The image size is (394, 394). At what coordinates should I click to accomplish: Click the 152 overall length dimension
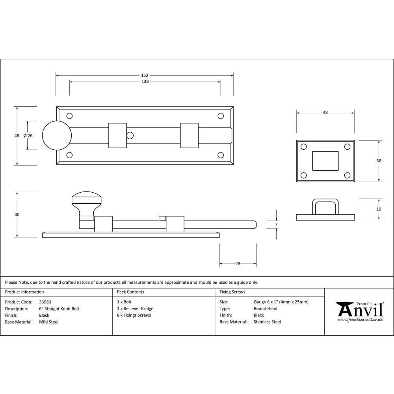145,75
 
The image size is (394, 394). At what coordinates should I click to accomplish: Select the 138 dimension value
145,82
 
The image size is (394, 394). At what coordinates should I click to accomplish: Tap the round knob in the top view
57,136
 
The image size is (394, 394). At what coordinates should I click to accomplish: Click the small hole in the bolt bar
130,136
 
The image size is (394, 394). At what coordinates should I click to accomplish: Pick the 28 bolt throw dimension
238,264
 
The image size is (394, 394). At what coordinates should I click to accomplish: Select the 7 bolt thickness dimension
276,224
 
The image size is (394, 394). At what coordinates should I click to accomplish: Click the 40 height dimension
17,215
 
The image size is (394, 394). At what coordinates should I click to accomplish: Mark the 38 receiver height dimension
379,161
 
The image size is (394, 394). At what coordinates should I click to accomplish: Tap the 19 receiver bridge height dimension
379,209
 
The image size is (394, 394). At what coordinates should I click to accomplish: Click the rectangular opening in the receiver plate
325,161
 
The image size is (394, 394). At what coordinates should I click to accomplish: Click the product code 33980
45,302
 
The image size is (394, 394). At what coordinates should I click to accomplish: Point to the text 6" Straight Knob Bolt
59,309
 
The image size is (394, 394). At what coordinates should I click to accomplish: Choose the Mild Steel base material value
48,322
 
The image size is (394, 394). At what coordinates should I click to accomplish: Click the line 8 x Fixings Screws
134,315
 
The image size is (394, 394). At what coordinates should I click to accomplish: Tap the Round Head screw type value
265,309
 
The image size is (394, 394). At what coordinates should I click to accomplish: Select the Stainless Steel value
267,322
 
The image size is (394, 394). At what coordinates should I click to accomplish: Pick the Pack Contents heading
130,292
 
